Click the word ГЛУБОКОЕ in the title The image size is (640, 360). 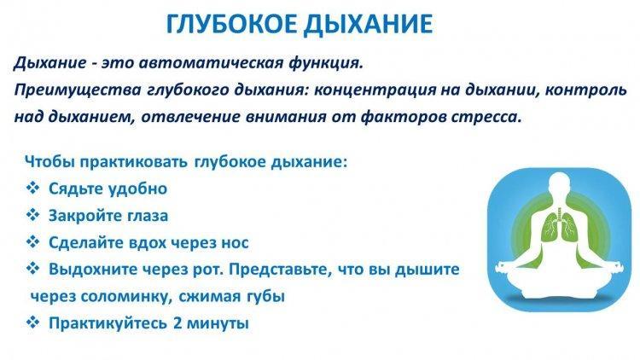[233, 24]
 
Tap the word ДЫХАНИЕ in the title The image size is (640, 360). [369, 25]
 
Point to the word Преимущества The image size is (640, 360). [78, 90]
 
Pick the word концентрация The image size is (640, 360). [375, 90]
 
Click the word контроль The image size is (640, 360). [585, 90]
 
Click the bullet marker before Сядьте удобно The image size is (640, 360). [33, 188]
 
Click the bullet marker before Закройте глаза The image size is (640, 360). [33, 215]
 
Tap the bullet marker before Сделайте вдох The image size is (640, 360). [33, 241]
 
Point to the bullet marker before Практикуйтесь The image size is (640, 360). [33, 322]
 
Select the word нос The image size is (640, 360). [235, 243]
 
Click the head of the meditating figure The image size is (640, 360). [558, 184]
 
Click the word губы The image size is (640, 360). [265, 297]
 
